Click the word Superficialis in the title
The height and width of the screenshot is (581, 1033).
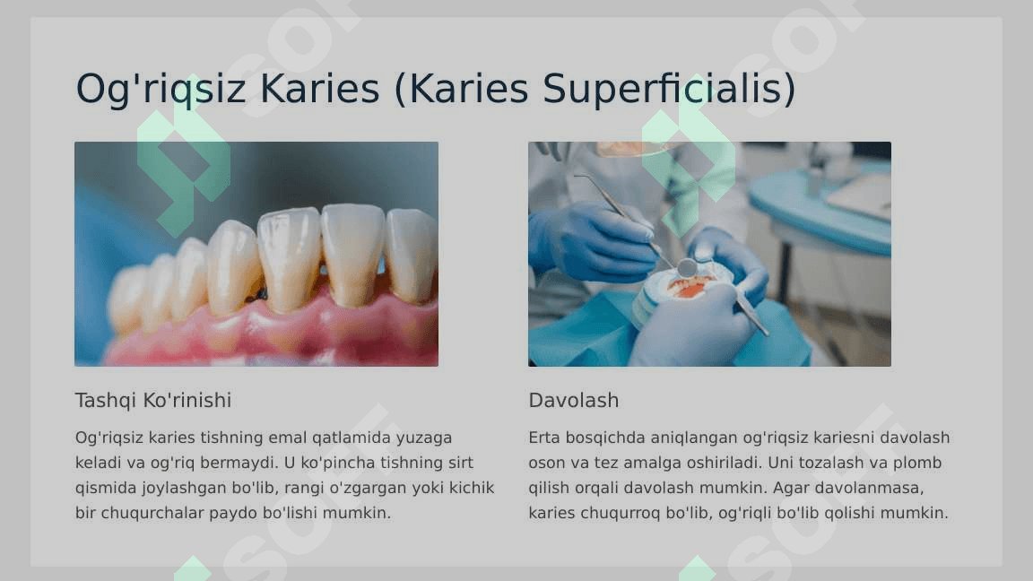click(x=664, y=88)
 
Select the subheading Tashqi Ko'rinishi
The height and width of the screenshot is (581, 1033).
click(x=152, y=401)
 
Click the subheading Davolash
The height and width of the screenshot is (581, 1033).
click(x=573, y=401)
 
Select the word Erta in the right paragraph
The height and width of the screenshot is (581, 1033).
click(x=544, y=438)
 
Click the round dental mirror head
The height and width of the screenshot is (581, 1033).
click(x=687, y=267)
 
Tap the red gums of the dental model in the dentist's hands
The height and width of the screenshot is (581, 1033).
click(x=689, y=288)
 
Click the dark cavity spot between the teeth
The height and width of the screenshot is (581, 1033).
click(x=259, y=294)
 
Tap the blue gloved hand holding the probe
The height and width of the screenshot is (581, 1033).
click(x=593, y=241)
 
